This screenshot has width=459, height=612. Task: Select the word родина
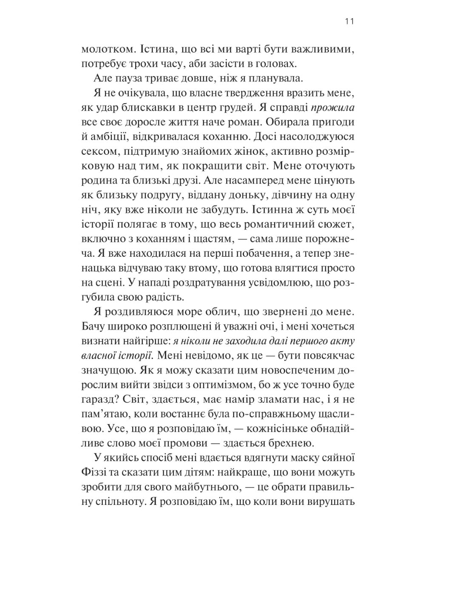pyautogui.click(x=96, y=181)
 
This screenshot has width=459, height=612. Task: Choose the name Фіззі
pyautogui.click(x=94, y=473)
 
